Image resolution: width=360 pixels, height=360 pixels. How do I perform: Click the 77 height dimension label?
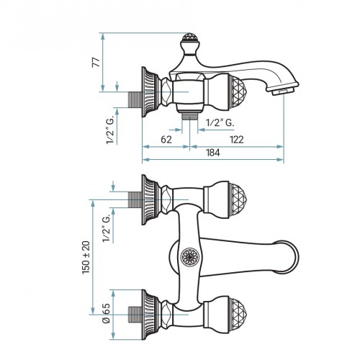pos(96,62)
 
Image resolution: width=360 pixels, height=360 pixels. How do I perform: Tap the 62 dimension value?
pos(166,140)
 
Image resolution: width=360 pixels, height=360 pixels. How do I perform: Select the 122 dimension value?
pos(236,140)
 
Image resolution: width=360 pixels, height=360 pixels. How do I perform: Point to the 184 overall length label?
pos(213,153)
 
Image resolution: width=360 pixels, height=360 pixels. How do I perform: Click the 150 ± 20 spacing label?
pos(86,258)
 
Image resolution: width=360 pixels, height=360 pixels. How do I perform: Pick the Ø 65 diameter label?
pos(107,313)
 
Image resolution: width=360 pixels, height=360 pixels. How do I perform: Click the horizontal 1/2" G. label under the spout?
pos(220,122)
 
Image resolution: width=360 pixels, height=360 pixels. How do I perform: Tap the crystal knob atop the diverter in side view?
pos(190,37)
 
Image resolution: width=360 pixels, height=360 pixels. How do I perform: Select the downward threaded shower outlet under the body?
pos(190,116)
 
